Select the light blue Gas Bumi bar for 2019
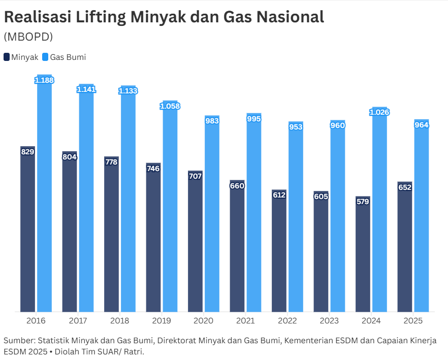pyautogui.click(x=170, y=208)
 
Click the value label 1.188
pyautogui.click(x=44, y=80)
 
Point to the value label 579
pyautogui.click(x=363, y=202)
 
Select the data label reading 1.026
pyautogui.click(x=379, y=112)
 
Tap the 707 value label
pyautogui.click(x=195, y=176)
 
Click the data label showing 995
pyautogui.click(x=253, y=119)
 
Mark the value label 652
pyautogui.click(x=405, y=187)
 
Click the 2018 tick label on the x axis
pyautogui.click(x=120, y=321)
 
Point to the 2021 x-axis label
pyautogui.click(x=245, y=321)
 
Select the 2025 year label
pyautogui.click(x=413, y=321)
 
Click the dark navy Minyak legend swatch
pyautogui.click(x=7, y=57)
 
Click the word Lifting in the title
pyautogui.click(x=101, y=17)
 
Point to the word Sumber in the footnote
pyautogui.click(x=18, y=340)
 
